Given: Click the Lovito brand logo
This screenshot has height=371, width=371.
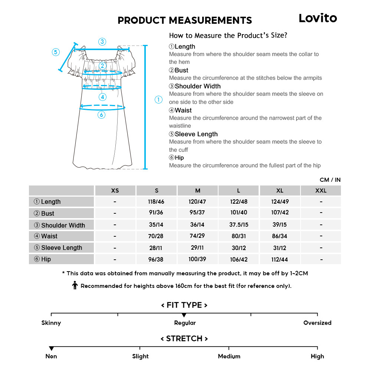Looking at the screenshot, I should click(318, 18).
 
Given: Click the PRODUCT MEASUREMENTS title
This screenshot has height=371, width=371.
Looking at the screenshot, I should click(184, 20).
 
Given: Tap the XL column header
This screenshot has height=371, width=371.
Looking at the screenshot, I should click(280, 191).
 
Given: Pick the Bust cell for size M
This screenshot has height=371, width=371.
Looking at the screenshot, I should click(197, 213).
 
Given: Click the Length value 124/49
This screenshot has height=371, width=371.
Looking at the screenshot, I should click(280, 201).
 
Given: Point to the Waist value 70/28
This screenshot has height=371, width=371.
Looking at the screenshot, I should click(156, 236).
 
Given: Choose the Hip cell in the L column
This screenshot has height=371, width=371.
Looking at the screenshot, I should click(239, 259).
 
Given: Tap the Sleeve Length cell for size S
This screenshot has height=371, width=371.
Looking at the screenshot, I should click(156, 248).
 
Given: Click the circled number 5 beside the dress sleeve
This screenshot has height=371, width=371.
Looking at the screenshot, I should click(56, 52).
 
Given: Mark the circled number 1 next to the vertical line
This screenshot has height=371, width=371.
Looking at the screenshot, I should click(158, 99).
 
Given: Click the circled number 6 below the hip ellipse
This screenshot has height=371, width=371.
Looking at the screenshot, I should click(102, 115).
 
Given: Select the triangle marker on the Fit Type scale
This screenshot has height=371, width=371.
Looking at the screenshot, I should click(184, 315).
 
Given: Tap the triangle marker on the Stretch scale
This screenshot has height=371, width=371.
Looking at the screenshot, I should click(51, 349).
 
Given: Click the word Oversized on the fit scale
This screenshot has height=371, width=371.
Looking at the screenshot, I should click(317, 323).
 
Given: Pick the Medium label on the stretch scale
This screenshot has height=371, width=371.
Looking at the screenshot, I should click(229, 356).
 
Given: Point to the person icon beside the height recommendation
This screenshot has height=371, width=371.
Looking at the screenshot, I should click(75, 285).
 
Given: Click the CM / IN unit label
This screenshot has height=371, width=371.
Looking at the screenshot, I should click(330, 180).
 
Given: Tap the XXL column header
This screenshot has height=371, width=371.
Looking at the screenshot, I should click(321, 191).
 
